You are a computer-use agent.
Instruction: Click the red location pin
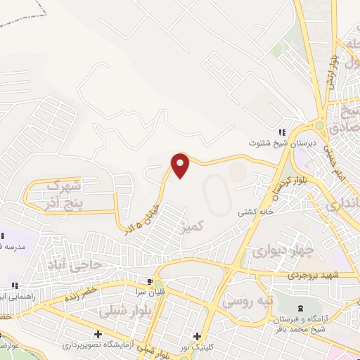coord(181,165)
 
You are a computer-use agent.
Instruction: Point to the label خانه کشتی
coord(252,211)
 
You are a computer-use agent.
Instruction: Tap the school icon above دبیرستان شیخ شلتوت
coord(283,132)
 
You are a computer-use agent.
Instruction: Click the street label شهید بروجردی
coord(314,276)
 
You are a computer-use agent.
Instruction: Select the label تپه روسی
coord(246,301)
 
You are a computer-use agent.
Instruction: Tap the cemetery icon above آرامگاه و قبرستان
coord(302,308)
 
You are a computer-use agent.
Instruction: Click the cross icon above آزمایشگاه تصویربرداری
coord(98,333)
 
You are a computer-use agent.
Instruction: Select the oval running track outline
coord(217,194)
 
